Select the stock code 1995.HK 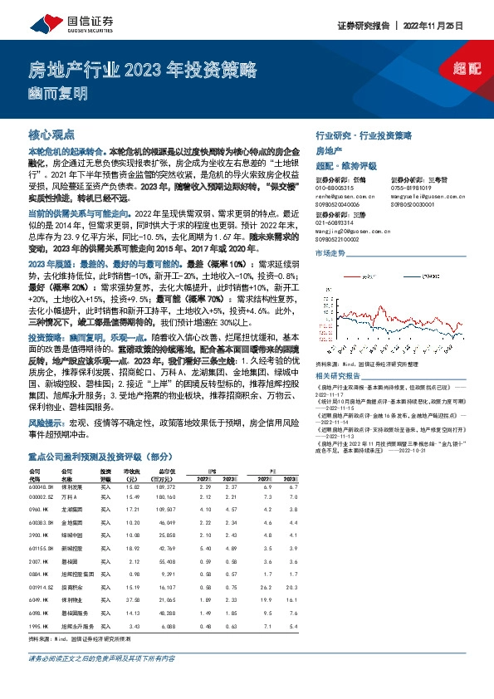pyautogui.click(x=40, y=627)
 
